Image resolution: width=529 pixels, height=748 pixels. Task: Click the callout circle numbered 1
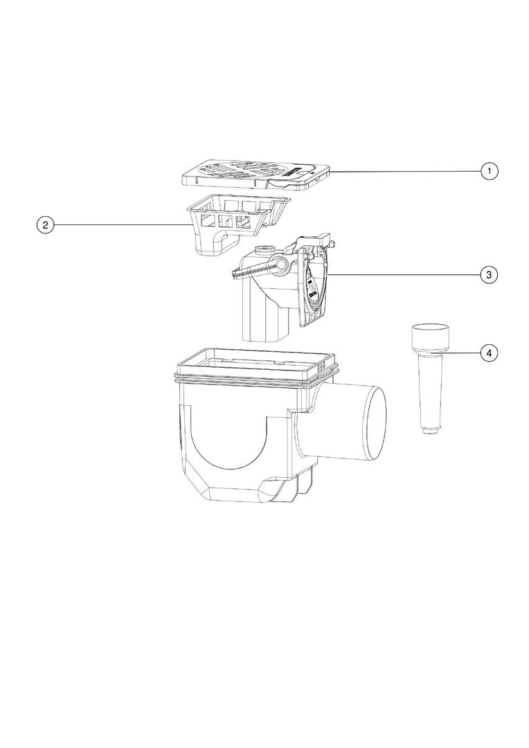click(x=490, y=171)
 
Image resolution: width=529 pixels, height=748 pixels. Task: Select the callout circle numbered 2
click(x=45, y=224)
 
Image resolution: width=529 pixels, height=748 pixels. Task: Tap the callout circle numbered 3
click(x=490, y=275)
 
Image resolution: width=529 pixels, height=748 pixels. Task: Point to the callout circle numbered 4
click(x=490, y=353)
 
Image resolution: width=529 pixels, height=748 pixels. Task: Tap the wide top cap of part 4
click(x=430, y=338)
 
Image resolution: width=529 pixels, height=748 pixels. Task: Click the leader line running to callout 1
click(x=406, y=171)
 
